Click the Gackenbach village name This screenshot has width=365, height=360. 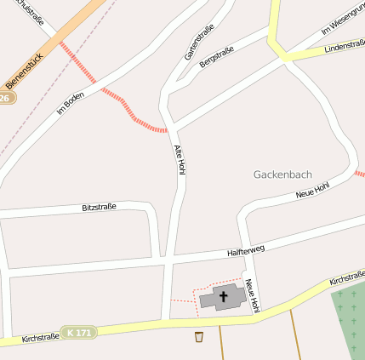(x=282, y=174)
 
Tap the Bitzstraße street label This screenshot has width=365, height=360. (x=99, y=207)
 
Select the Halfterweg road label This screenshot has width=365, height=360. (x=247, y=250)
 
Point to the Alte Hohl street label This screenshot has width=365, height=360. (x=180, y=160)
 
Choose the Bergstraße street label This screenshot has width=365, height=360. (x=215, y=57)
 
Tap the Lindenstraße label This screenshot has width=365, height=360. (x=344, y=46)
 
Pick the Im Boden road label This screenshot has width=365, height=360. (x=71, y=102)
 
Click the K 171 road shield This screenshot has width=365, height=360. (x=80, y=331)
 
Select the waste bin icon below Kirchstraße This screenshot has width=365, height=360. (x=199, y=336)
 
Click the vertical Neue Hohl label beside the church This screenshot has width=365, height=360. (x=252, y=295)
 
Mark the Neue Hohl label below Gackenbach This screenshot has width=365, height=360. (x=312, y=191)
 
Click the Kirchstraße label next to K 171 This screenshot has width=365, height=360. (x=41, y=337)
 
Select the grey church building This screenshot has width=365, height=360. (x=213, y=299)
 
